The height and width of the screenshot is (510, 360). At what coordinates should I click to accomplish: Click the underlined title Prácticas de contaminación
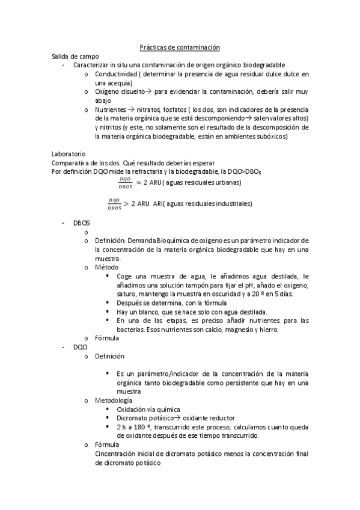click(180, 46)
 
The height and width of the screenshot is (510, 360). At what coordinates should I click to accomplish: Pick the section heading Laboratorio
click(69, 154)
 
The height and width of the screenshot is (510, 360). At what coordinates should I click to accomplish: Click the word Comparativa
click(71, 163)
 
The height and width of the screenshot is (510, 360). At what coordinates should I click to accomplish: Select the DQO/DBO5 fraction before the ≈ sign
click(125, 182)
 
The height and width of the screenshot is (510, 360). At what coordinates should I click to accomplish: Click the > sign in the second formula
click(126, 203)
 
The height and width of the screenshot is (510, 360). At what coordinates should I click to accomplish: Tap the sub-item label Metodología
click(114, 400)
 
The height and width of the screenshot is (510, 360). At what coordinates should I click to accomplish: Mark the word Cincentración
click(118, 453)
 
